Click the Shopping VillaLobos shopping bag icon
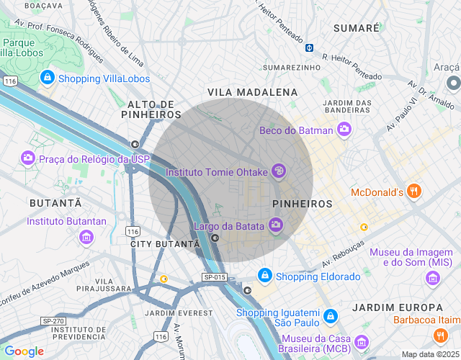coord(47,76)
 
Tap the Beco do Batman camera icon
coord(344,130)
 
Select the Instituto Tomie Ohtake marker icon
coord(279,171)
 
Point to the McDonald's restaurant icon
coord(413,192)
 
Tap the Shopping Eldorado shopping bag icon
coord(265,276)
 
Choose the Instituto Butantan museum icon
coord(86,235)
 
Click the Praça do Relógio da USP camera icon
coord(27,158)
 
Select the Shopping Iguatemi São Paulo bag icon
coord(330,316)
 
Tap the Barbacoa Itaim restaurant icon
coord(440,335)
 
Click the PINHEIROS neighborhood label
coord(303,204)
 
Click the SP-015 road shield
coord(215,277)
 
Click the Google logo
coord(24,351)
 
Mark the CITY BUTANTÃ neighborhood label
coord(165,244)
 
